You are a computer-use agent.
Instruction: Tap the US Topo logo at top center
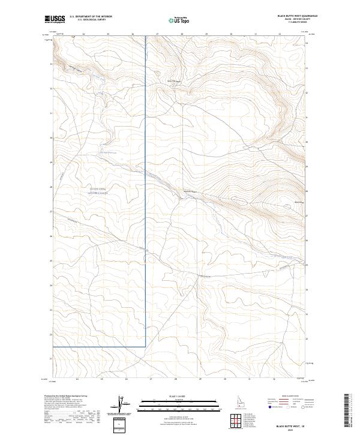(x=175, y=19)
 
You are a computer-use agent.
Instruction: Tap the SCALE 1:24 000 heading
(x=175, y=395)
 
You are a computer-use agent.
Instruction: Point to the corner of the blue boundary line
(x=146, y=346)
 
